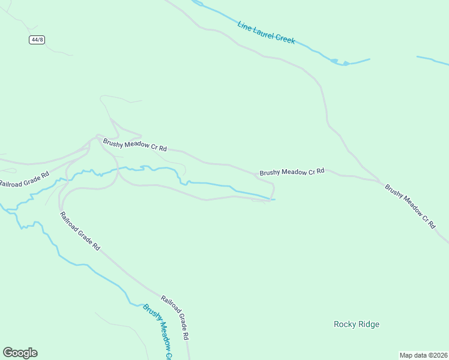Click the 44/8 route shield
point(37,40)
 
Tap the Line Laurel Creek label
point(267,32)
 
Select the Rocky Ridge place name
point(357,324)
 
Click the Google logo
point(20,353)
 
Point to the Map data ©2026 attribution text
point(423,355)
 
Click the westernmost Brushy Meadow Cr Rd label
point(134,145)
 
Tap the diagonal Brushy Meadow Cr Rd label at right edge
point(410,205)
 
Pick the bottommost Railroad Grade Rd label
point(176,316)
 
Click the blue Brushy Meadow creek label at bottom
point(158,332)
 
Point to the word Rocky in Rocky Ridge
point(345,324)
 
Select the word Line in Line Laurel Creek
point(244,26)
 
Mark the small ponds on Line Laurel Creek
point(340,61)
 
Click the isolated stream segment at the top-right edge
point(432,59)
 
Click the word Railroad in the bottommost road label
point(169,304)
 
